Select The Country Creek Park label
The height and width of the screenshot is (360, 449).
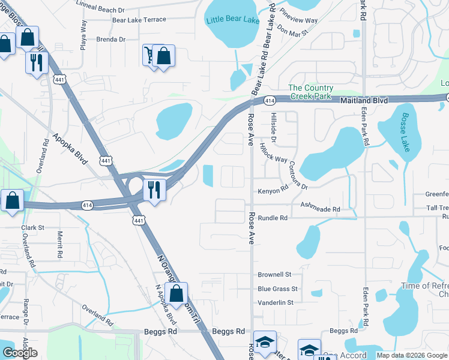pyautogui.click(x=311, y=92)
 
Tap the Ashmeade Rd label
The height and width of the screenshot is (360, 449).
pyautogui.click(x=320, y=209)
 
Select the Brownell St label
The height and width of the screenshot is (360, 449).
pyautogui.click(x=274, y=274)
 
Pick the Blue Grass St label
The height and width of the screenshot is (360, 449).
pyautogui.click(x=277, y=289)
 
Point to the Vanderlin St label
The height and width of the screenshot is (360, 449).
pyautogui.click(x=276, y=302)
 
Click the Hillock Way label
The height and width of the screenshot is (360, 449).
pyautogui.click(x=273, y=152)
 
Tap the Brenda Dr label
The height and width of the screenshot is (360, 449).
pyautogui.click(x=110, y=40)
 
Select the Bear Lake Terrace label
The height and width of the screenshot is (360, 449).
pyautogui.click(x=139, y=20)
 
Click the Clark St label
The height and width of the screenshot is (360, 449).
pyautogui.click(x=33, y=228)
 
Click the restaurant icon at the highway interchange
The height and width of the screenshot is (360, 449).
pyautogui.click(x=155, y=191)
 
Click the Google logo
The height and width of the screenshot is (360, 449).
pyautogui.click(x=20, y=353)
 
